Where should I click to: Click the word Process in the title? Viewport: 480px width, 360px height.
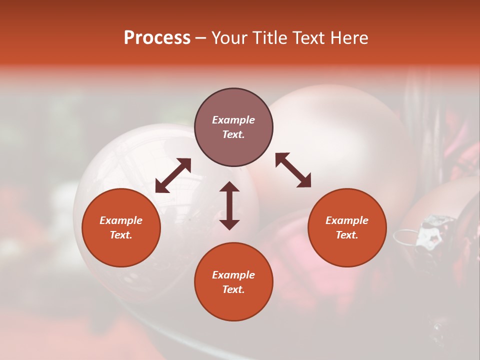pos(157,38)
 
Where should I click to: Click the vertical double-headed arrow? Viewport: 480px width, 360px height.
pos(229,205)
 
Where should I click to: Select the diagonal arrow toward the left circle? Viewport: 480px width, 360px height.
pos(173,175)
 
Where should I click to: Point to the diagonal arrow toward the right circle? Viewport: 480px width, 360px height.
pos(293,170)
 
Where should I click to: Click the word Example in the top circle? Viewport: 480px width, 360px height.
pos(233,120)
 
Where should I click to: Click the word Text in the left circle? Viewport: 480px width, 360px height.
pos(121,235)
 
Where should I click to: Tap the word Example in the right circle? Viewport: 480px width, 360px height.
pos(347,220)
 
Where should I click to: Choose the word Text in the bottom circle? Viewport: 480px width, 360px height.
pos(233,289)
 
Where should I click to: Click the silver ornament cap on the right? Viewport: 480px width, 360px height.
pos(431,231)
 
